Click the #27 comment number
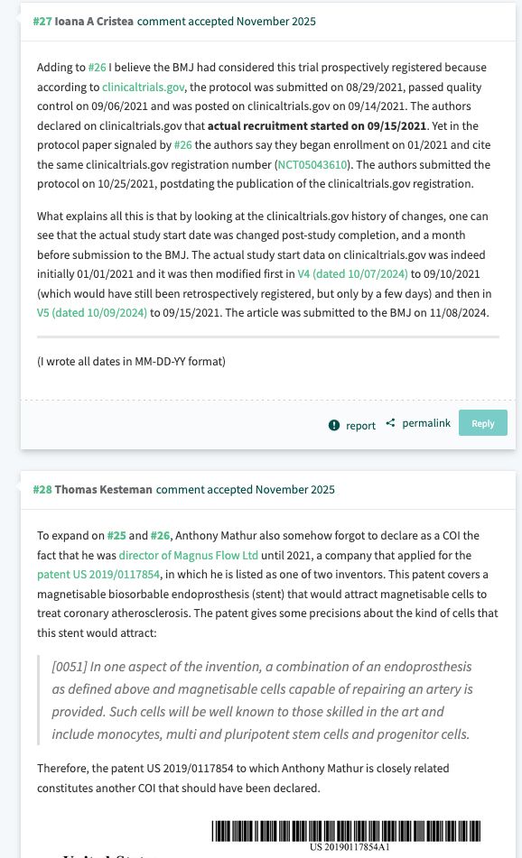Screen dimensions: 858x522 tap(42, 21)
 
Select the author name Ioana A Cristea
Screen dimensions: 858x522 tap(94, 21)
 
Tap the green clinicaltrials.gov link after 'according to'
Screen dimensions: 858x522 tap(144, 87)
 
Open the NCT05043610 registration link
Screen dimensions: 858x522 tap(312, 164)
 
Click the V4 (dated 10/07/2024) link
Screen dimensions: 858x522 tap(352, 273)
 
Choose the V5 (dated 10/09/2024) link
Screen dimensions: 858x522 tap(92, 313)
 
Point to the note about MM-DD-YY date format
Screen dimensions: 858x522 tap(131, 361)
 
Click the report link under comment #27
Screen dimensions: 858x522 tap(360, 425)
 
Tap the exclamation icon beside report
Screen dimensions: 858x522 tap(334, 425)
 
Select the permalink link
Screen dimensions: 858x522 tap(425, 423)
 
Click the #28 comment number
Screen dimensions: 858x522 tap(42, 489)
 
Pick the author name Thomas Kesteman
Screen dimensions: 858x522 tap(103, 489)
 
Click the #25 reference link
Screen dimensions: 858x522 tap(117, 535)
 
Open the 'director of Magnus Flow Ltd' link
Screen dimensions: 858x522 tap(187, 555)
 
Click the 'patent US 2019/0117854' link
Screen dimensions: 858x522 tap(98, 574)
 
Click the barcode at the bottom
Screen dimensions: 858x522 tap(346, 830)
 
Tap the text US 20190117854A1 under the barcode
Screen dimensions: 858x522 tap(349, 847)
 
